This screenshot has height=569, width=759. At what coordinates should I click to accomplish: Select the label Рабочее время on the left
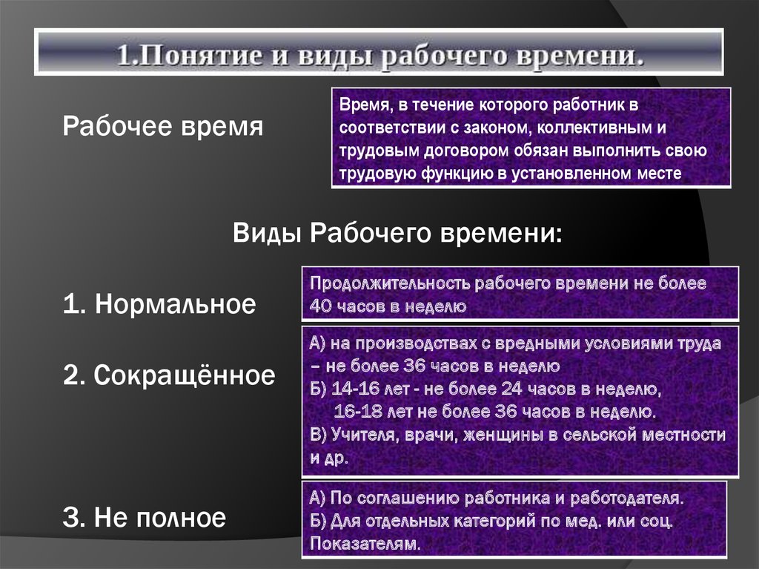point(163,126)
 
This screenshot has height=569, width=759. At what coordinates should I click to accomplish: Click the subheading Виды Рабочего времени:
point(398,233)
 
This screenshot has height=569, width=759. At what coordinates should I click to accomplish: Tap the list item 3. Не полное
point(145,517)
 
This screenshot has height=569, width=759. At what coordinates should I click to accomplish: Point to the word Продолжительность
point(390,283)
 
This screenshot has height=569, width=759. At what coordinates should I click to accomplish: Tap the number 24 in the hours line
point(511,389)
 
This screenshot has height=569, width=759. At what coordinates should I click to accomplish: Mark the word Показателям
point(366,543)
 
